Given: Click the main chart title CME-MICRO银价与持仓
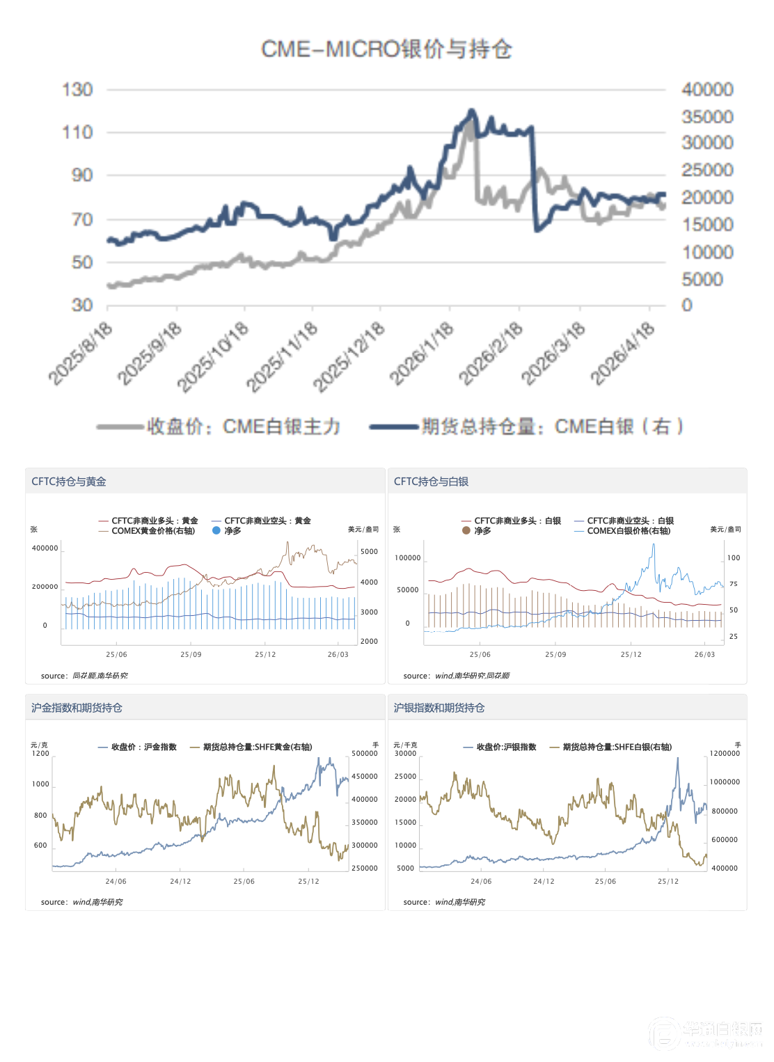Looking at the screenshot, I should point(386,49).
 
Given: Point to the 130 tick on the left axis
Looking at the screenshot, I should point(77,90).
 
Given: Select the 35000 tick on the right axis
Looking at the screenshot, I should point(707,116).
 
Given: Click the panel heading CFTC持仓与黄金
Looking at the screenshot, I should point(69,482).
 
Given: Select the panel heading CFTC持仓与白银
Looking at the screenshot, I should point(431,482).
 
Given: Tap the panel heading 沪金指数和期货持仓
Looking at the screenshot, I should point(77,708).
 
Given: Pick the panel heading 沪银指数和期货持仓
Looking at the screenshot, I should point(439,708).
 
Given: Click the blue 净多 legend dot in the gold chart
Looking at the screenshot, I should point(216,530).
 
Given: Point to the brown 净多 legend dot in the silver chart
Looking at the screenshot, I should point(466,530).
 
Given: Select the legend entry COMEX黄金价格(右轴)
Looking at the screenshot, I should point(152,530).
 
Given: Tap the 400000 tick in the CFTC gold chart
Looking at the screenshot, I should point(45,548).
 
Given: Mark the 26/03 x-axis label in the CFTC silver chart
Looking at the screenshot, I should point(704,654).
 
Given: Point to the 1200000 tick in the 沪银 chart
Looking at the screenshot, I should point(725,754).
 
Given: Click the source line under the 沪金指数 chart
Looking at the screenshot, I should point(82,902).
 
